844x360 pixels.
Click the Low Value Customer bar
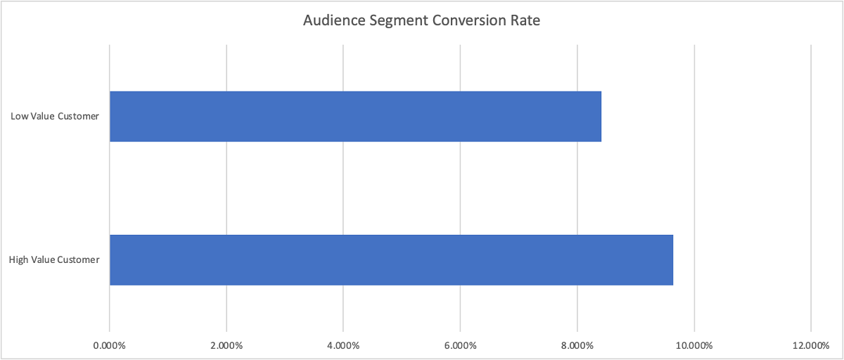click(355, 117)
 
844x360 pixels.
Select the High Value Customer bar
click(391, 259)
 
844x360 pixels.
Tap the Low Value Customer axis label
click(55, 116)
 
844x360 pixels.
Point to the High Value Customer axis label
click(54, 259)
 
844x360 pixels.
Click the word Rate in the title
click(524, 21)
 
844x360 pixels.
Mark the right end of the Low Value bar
click(601, 117)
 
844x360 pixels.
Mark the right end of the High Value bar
click(672, 259)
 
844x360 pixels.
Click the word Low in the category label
click(19, 116)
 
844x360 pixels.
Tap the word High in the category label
click(19, 259)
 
